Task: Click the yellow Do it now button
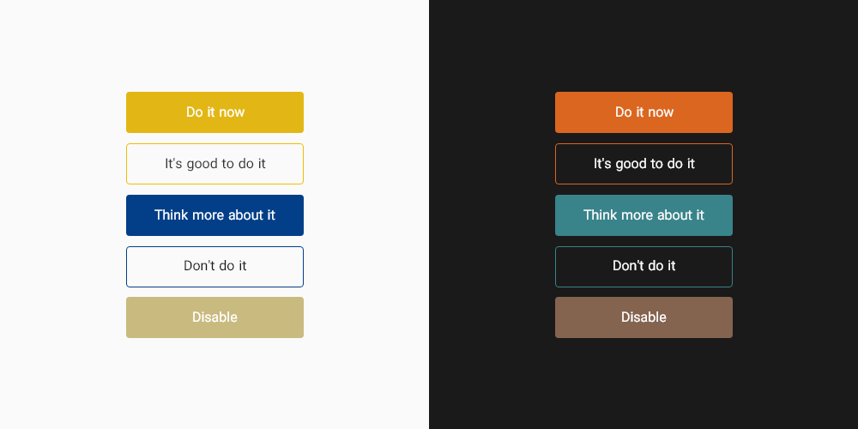coord(214,112)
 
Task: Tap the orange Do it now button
coord(643,112)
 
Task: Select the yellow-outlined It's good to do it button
coord(214,164)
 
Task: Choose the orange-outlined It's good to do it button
coord(643,164)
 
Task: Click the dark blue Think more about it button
coord(214,215)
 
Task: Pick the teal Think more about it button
coord(643,215)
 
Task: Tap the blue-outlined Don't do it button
coord(214,266)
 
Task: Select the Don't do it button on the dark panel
coord(643,266)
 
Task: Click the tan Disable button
coord(214,317)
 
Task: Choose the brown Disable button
coord(643,317)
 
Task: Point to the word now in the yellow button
coord(232,112)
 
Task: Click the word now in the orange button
coord(661,112)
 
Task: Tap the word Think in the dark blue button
coord(172,215)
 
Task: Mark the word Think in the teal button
coord(601,215)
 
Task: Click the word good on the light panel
coord(204,164)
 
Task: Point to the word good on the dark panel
coord(633,164)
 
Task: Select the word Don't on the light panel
coord(197,266)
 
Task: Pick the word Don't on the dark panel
coord(626,266)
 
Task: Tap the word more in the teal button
coord(637,215)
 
